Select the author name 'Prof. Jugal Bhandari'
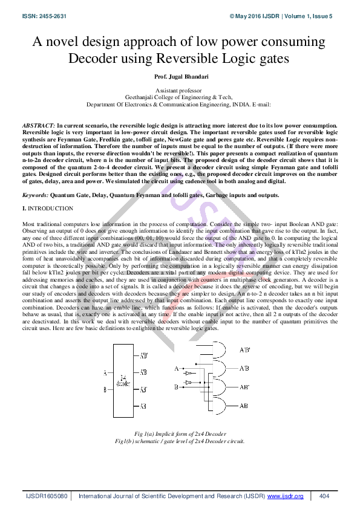tap(180, 77)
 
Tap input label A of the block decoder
tap(105, 372)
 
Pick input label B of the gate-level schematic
tap(176, 386)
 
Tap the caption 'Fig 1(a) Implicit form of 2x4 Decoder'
tap(179, 433)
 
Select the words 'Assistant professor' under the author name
tap(180, 89)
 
